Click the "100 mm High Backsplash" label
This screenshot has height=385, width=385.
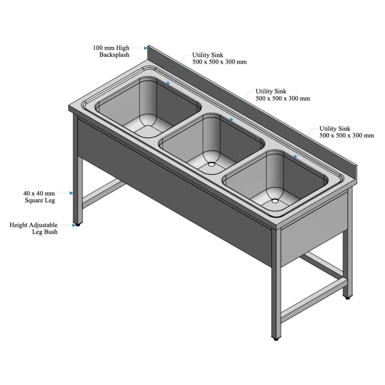click(111, 51)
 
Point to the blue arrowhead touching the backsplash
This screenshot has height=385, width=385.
click(146, 48)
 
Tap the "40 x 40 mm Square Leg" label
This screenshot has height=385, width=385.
click(39, 197)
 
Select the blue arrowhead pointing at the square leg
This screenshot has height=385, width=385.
click(71, 193)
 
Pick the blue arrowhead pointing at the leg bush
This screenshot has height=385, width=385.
click(74, 225)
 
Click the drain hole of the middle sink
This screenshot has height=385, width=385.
click(211, 164)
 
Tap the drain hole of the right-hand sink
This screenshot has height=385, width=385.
click(274, 201)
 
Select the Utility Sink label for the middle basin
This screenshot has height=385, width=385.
click(283, 95)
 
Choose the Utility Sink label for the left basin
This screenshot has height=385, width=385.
click(219, 58)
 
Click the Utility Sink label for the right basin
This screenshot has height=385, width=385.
click(346, 132)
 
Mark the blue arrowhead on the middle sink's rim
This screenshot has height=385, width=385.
click(232, 120)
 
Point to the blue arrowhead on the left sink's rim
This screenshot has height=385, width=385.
click(168, 83)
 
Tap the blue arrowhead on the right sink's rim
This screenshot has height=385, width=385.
click(295, 157)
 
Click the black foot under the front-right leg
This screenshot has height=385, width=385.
click(276, 339)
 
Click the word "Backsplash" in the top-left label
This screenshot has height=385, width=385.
click(114, 55)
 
